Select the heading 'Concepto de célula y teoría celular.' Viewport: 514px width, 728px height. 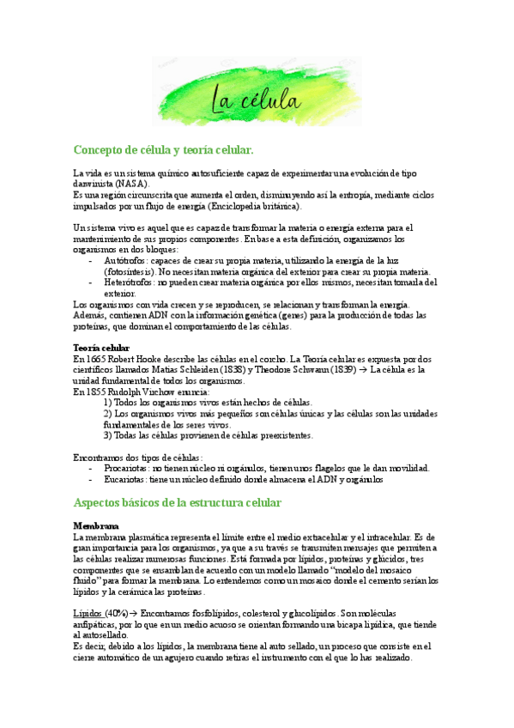pyautogui.click(x=163, y=149)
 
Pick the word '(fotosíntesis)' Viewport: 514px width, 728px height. pyautogui.click(x=132, y=270)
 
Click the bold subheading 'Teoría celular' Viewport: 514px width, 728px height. pyautogui.click(x=100, y=347)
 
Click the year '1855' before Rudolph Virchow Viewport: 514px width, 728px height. pyautogui.click(x=97, y=391)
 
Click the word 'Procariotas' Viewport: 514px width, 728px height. pyautogui.click(x=125, y=468)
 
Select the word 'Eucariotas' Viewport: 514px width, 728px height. pyautogui.click(x=124, y=480)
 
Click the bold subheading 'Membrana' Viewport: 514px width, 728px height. pyautogui.click(x=95, y=525)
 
